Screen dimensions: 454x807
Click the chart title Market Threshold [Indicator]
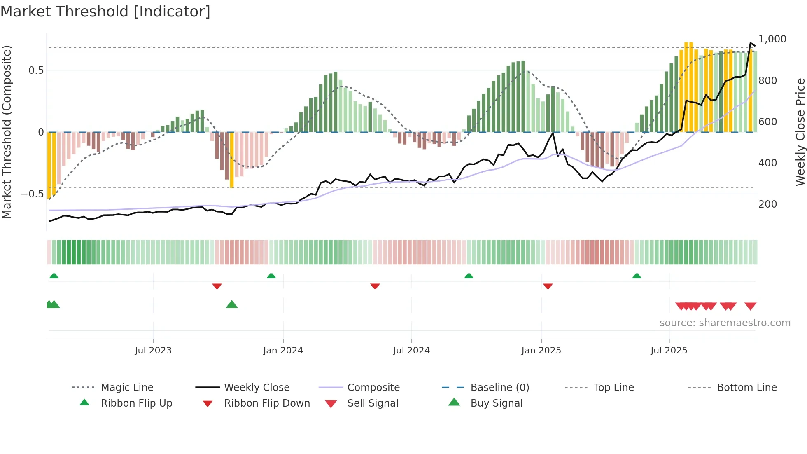coord(105,12)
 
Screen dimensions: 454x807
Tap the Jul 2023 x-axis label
coord(153,351)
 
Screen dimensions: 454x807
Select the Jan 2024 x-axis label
coord(283,351)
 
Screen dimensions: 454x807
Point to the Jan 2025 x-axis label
coord(541,351)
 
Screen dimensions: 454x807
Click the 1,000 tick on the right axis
coord(772,39)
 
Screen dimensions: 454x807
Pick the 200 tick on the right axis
coord(767,204)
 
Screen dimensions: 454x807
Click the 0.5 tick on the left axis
coord(36,70)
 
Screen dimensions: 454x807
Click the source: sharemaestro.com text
coord(725,323)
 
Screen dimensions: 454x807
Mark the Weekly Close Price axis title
coord(800,132)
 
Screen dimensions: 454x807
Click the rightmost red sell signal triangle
coord(750,306)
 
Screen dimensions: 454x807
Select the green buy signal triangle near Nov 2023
coord(232,304)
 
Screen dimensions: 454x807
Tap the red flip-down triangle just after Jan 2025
coord(548,286)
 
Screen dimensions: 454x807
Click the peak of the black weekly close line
coord(751,42)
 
